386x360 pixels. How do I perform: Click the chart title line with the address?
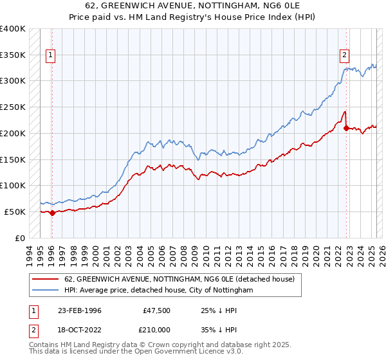[193, 7]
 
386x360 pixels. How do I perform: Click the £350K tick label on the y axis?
[13, 55]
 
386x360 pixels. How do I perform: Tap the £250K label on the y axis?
[13, 107]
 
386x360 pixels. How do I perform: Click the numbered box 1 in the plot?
[51, 55]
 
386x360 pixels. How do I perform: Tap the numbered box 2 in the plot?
[345, 55]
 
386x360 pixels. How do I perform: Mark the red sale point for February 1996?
[52, 213]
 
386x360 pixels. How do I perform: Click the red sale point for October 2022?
[346, 129]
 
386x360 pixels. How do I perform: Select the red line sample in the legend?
[46, 279]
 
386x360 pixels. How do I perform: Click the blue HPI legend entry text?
[159, 291]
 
